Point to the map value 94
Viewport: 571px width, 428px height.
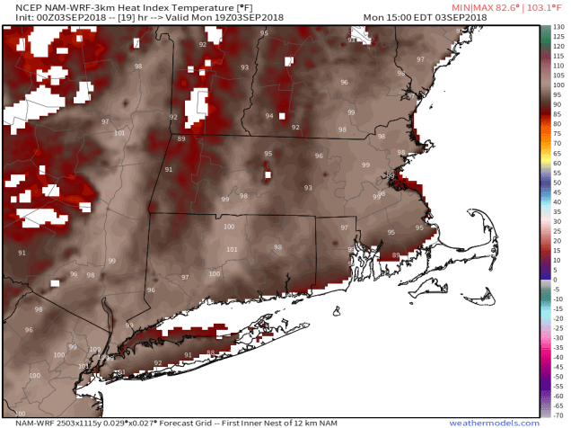[x=269, y=116]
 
